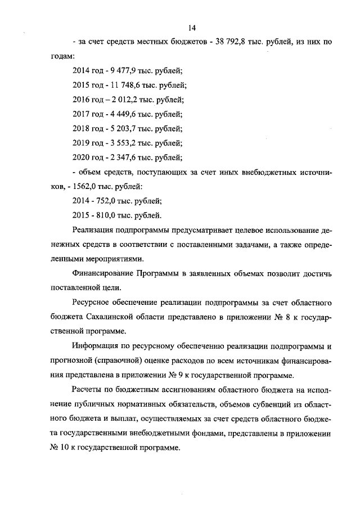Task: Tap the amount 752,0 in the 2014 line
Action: (107, 201)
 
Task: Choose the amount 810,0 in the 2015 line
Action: (107, 215)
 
